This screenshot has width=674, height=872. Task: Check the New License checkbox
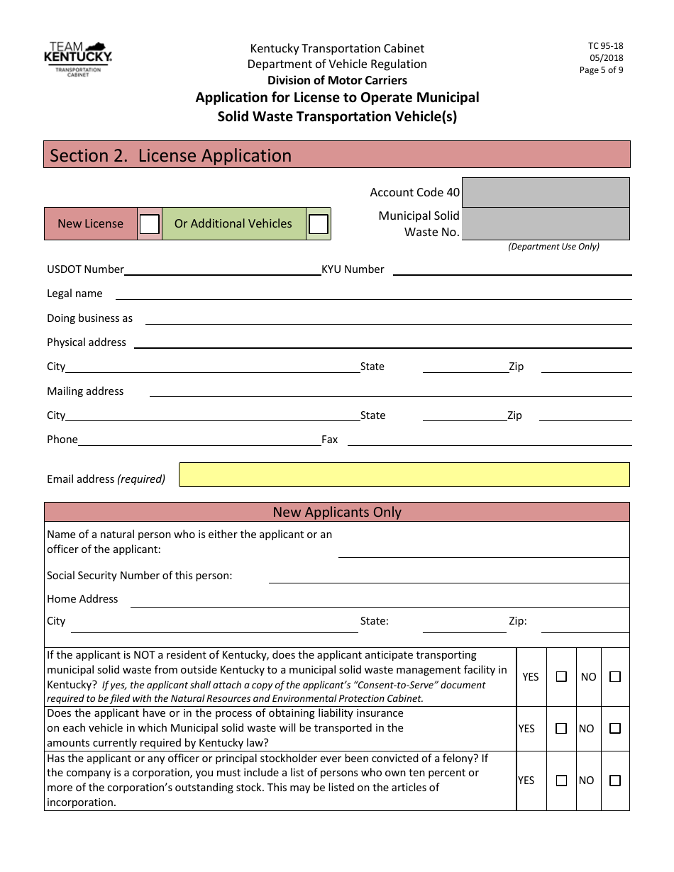click(149, 224)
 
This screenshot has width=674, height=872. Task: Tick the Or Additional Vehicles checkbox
click(319, 224)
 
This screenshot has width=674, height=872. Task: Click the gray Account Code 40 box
click(546, 192)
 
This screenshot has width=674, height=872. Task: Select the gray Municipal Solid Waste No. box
click(546, 223)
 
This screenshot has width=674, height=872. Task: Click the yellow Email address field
click(404, 475)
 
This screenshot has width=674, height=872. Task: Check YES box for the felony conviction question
click(561, 781)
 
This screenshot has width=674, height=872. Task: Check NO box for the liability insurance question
click(615, 728)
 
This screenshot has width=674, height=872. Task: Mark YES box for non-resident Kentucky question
click(561, 677)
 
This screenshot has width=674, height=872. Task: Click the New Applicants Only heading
click(337, 512)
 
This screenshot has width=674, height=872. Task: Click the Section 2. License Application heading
click(171, 156)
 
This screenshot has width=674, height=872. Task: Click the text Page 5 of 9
click(601, 70)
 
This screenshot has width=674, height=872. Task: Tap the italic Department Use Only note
click(553, 247)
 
